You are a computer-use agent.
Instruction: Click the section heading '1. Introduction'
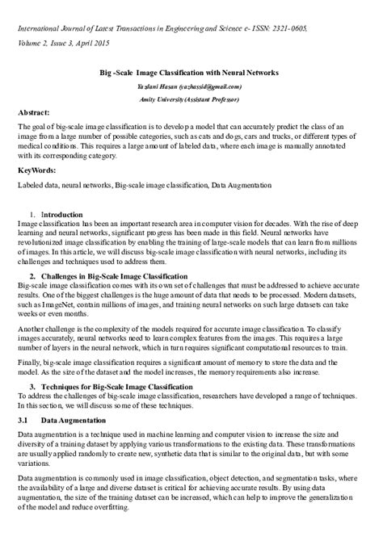tap(56, 214)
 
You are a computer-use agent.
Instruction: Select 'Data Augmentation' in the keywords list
tap(241, 185)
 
